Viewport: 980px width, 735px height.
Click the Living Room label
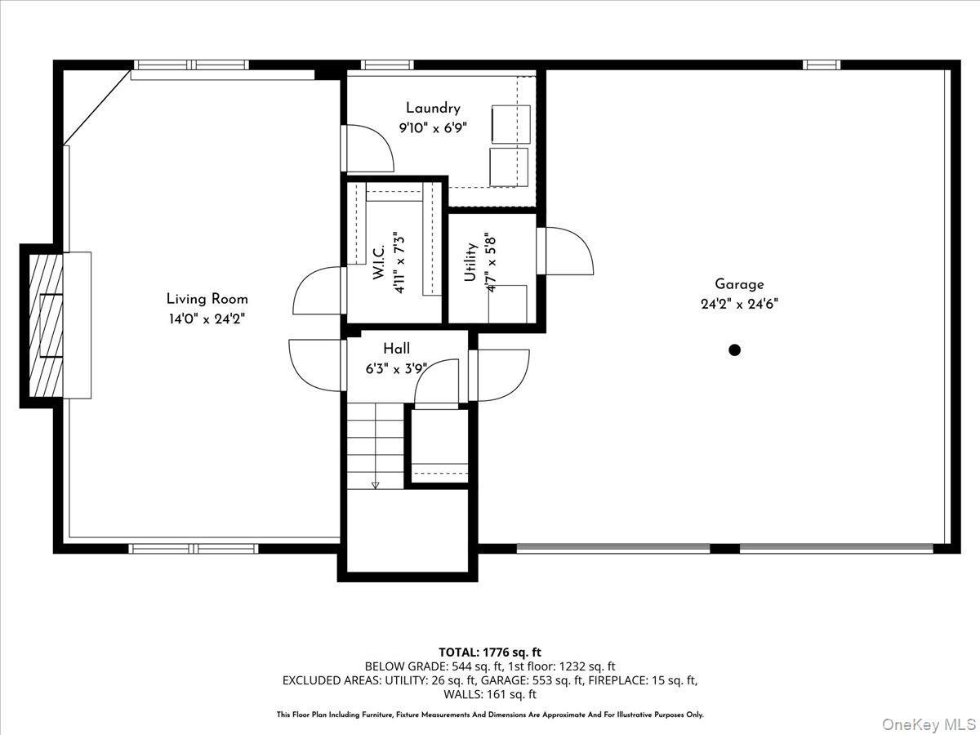click(x=207, y=299)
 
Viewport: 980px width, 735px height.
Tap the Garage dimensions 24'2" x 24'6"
click(x=739, y=304)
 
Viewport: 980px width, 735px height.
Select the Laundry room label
click(x=433, y=108)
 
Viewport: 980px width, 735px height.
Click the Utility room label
click(x=470, y=262)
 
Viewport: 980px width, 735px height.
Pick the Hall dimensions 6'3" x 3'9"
click(x=397, y=368)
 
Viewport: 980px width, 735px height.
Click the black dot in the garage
click(x=734, y=350)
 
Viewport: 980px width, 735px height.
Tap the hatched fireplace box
click(x=45, y=325)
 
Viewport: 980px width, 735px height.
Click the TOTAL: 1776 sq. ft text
click(x=490, y=652)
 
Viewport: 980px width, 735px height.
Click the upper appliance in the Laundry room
click(x=510, y=123)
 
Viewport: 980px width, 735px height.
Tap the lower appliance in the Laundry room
click(x=508, y=166)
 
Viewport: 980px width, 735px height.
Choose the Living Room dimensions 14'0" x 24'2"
click(x=207, y=318)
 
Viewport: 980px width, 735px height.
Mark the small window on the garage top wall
click(x=821, y=65)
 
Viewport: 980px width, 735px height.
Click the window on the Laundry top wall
click(x=387, y=65)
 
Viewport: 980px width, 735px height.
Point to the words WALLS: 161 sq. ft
click(x=490, y=694)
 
